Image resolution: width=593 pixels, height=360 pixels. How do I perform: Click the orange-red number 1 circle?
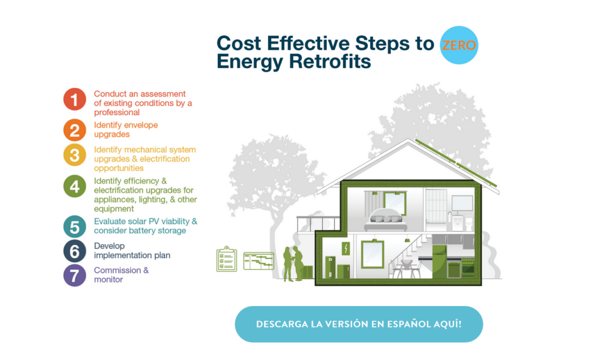coord(75,99)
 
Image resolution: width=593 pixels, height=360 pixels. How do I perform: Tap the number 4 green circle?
coord(75,186)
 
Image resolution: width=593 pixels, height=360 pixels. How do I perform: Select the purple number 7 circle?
coord(75,275)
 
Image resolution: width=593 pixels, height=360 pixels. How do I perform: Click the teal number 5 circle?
coord(75,226)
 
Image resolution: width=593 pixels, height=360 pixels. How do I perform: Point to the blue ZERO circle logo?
coord(459,45)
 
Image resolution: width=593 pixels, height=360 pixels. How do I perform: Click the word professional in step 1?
coord(116,112)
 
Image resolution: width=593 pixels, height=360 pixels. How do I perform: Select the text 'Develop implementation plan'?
coord(132,251)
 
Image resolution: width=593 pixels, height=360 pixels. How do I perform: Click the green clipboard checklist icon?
coord(226,259)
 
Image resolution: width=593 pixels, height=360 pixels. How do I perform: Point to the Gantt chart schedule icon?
coord(258,260)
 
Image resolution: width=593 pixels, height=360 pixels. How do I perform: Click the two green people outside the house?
coord(292,263)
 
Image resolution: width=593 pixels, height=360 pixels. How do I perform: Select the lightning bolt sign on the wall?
coord(346,249)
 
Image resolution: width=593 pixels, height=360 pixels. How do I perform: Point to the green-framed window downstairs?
coord(373,255)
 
